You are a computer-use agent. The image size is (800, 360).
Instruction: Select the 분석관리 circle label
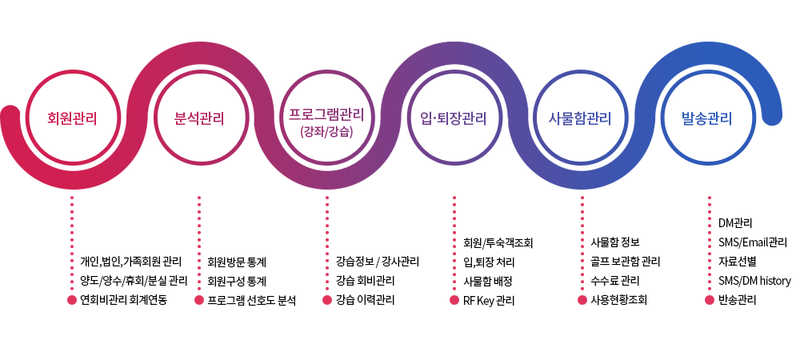[199, 119]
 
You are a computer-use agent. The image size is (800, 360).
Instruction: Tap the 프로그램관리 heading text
[326, 114]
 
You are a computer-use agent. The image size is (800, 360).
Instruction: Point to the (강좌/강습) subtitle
[326, 133]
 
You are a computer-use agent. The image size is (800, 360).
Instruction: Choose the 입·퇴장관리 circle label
[454, 119]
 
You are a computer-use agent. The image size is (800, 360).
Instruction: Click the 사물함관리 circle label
[580, 119]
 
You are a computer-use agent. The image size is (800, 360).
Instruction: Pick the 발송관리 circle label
[706, 119]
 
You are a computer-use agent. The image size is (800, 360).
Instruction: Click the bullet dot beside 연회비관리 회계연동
[72, 300]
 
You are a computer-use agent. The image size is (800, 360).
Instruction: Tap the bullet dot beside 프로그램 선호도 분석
[199, 300]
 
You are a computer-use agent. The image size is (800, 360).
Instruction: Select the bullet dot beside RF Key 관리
[454, 300]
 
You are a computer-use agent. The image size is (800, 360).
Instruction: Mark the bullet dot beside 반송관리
[709, 300]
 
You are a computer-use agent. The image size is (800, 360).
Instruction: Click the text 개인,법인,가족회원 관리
[131, 262]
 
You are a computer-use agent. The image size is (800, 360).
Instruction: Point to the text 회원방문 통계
[237, 262]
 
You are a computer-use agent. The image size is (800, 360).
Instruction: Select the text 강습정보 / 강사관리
[378, 262]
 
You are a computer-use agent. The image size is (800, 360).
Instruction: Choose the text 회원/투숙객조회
[498, 242]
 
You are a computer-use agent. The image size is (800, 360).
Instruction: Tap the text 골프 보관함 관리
[626, 262]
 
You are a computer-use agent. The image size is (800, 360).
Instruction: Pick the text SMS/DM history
[754, 281]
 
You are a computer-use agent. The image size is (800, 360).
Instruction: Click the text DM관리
[735, 223]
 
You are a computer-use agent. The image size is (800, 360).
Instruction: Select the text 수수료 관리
[614, 281]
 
